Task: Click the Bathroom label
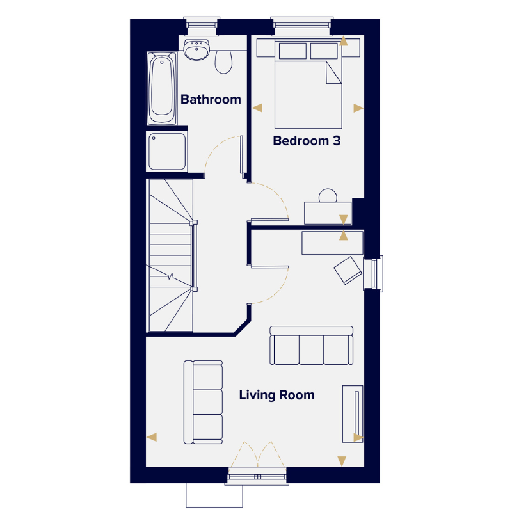211,99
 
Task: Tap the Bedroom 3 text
307,141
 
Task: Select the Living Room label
276,395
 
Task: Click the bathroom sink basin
196,50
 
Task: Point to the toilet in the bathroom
223,61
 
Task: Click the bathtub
162,88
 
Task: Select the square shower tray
167,152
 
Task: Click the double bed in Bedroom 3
308,84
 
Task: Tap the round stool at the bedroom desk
328,195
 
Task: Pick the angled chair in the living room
348,270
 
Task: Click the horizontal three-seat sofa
312,345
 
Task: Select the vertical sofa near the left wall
203,403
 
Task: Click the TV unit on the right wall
353,414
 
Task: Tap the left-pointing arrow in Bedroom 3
257,108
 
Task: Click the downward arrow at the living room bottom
342,461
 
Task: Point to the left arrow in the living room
152,437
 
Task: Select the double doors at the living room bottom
257,454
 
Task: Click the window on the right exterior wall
374,274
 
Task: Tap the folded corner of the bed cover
333,72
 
